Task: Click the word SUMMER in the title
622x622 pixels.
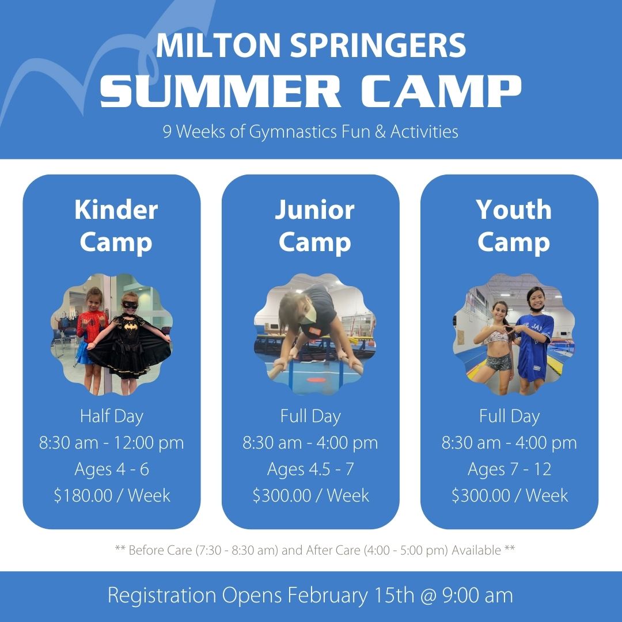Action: [x=220, y=91]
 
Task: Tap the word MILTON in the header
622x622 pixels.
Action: [x=218, y=45]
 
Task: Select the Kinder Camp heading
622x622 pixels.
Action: [x=116, y=226]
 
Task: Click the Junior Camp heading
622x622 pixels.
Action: [x=314, y=226]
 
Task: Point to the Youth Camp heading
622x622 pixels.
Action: [x=514, y=226]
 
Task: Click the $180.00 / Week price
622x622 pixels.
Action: [x=112, y=495]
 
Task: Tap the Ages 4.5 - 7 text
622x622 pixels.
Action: [x=310, y=469]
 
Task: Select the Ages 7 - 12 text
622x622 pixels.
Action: [x=509, y=469]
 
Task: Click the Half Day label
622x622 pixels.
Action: [x=112, y=416]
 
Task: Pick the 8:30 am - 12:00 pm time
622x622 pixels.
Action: [x=112, y=443]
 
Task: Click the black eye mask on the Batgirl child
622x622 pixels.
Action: [x=130, y=305]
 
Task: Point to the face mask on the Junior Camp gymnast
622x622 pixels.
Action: [x=308, y=316]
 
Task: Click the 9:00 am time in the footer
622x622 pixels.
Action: [x=477, y=596]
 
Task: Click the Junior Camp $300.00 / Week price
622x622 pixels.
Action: [x=310, y=495]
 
